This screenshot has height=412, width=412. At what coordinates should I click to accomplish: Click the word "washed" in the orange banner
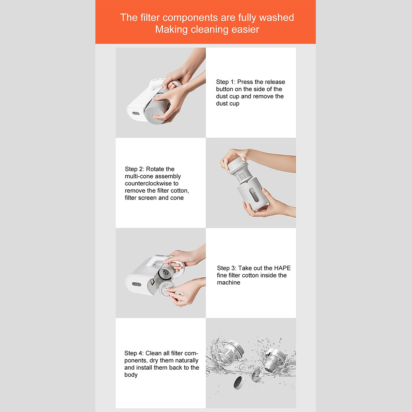pyautogui.click(x=277, y=17)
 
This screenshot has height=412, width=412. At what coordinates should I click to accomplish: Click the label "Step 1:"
pyautogui.click(x=226, y=82)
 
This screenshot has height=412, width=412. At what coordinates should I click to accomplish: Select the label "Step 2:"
pyautogui.click(x=135, y=169)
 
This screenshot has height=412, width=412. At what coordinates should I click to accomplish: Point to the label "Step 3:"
pyautogui.click(x=227, y=268)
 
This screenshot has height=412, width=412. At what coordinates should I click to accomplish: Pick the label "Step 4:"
pyautogui.click(x=134, y=353)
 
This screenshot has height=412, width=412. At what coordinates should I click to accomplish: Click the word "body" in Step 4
pyautogui.click(x=131, y=375)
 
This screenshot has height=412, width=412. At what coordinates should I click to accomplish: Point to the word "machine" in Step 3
pyautogui.click(x=229, y=282)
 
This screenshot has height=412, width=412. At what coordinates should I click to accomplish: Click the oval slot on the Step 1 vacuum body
pyautogui.click(x=136, y=113)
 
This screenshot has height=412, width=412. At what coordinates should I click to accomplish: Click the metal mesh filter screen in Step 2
pyautogui.click(x=243, y=174)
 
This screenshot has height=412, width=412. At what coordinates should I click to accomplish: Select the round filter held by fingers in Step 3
pyautogui.click(x=167, y=289)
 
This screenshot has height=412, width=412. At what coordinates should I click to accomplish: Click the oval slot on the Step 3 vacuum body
pyautogui.click(x=137, y=284)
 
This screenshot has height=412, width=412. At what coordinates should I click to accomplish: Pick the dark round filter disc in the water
pyautogui.click(x=239, y=382)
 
